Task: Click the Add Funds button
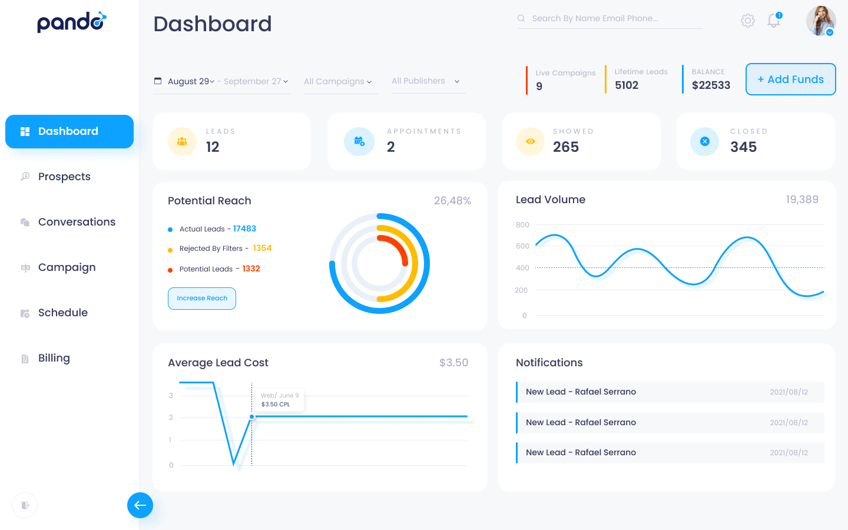click(790, 79)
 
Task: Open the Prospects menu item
click(64, 177)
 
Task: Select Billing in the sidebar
click(54, 358)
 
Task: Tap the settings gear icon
click(747, 21)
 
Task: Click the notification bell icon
click(774, 21)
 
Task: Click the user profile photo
click(820, 21)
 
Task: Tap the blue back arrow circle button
click(140, 505)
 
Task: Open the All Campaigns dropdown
click(337, 81)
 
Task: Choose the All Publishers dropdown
click(426, 81)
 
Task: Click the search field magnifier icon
click(521, 18)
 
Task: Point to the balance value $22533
click(711, 85)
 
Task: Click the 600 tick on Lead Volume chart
click(522, 246)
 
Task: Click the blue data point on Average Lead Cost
click(252, 416)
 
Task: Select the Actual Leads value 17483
click(244, 228)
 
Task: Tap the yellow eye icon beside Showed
click(530, 141)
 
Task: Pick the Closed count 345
click(743, 147)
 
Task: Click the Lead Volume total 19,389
click(801, 200)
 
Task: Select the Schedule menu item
click(62, 313)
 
